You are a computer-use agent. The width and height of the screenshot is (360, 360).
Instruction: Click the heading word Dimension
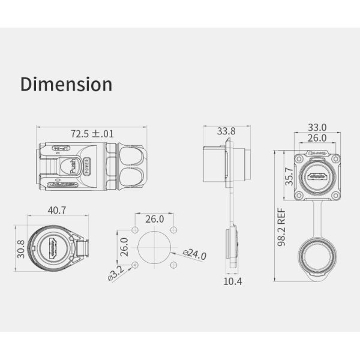coord(66,84)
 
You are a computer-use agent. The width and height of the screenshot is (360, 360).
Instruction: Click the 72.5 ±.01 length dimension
coord(92,133)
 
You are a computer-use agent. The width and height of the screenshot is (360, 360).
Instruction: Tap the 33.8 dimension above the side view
coord(226,131)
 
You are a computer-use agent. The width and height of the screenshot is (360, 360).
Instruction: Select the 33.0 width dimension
coord(317,127)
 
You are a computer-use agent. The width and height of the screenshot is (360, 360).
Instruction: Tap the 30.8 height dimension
coord(20,248)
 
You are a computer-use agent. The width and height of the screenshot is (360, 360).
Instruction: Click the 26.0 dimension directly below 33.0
coord(317,138)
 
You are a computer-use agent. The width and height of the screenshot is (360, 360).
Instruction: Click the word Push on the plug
coord(74,166)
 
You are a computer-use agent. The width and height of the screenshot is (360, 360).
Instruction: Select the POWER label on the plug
coord(86,166)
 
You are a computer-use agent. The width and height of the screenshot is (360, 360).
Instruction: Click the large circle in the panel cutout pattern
coord(154,247)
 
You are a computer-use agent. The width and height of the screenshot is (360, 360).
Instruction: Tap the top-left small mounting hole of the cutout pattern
coord(135,230)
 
